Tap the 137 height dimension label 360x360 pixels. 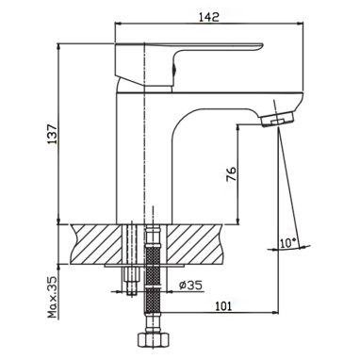(x=52, y=134)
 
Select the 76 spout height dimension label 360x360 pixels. (x=231, y=173)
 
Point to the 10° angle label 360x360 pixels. (x=288, y=243)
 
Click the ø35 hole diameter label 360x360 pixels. (x=190, y=286)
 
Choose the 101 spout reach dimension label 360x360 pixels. (x=222, y=305)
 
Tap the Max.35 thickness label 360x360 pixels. (x=53, y=297)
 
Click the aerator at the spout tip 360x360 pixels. (x=278, y=120)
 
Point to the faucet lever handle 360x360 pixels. (x=188, y=64)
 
